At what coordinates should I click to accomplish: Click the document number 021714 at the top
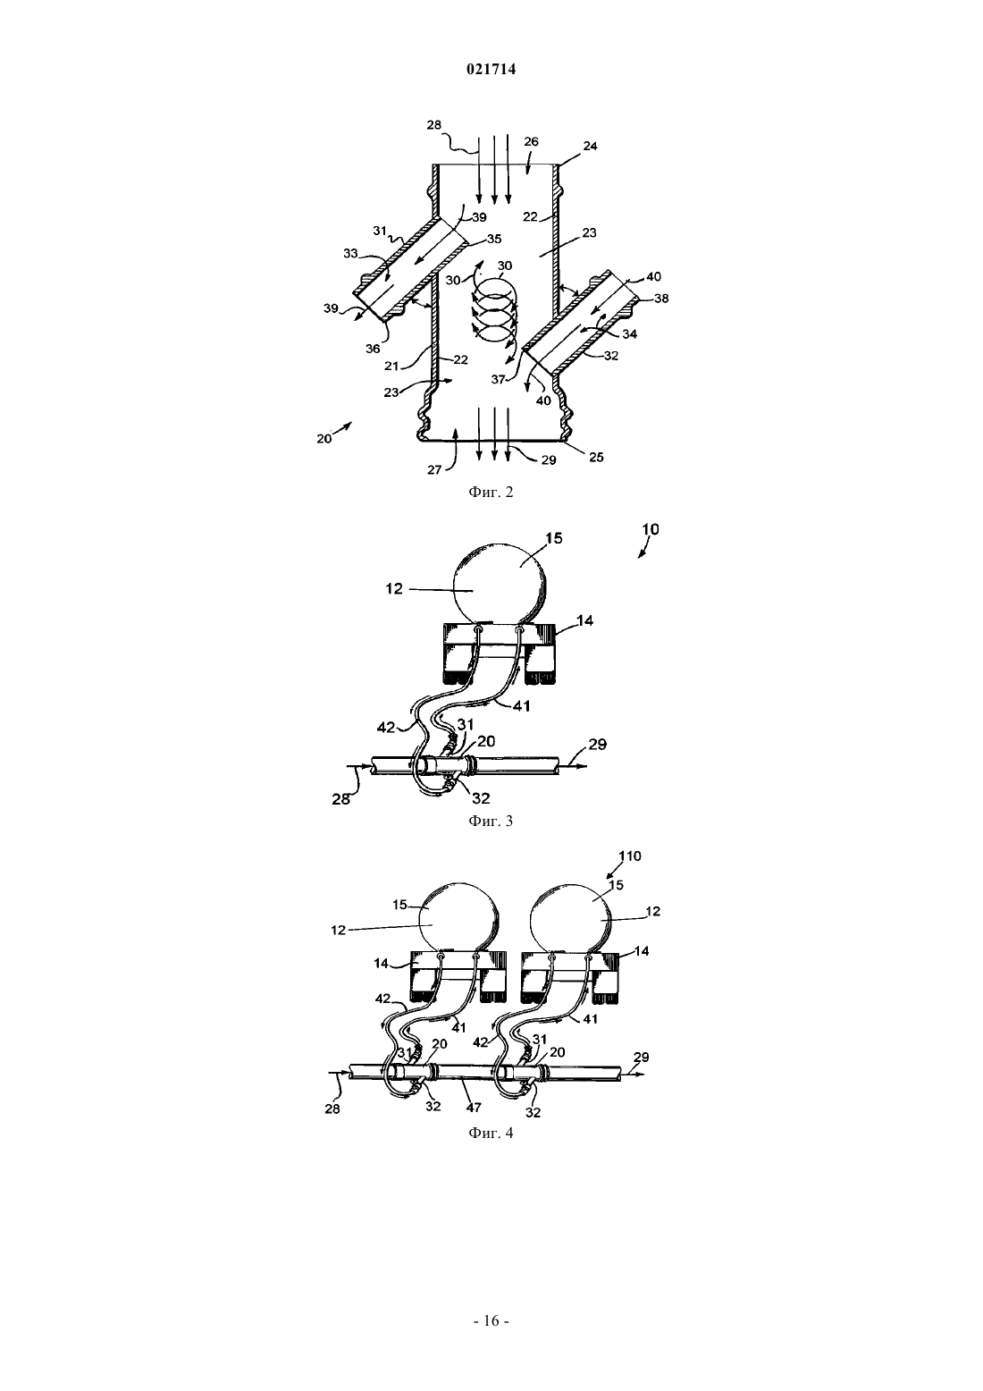[x=491, y=70]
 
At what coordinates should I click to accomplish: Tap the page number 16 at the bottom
[x=491, y=1320]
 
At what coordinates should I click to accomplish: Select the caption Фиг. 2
[x=491, y=493]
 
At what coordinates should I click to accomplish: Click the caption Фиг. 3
[x=491, y=821]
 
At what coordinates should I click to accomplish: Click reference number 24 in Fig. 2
[x=590, y=146]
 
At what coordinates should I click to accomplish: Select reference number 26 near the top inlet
[x=531, y=141]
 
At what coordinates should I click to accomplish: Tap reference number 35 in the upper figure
[x=494, y=239]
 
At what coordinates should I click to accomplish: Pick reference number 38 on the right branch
[x=661, y=298]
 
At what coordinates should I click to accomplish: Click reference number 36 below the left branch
[x=373, y=349]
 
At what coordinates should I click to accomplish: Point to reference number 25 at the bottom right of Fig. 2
[x=596, y=457]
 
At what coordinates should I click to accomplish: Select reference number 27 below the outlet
[x=434, y=469]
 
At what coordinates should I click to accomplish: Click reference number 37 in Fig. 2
[x=499, y=379]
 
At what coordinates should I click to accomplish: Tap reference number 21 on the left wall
[x=391, y=367]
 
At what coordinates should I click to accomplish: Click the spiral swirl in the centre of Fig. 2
[x=494, y=315]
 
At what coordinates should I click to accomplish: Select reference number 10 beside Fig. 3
[x=651, y=529]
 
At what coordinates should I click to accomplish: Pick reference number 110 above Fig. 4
[x=629, y=856]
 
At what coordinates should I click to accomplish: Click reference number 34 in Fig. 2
[x=629, y=334]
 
